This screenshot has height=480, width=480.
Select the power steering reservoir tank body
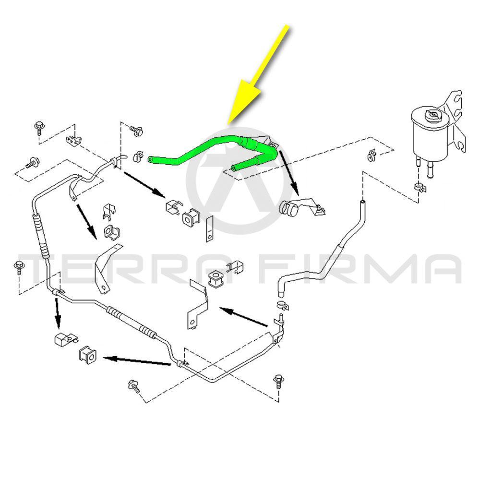(x=430, y=135)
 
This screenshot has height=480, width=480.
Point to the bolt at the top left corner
(x=39, y=128)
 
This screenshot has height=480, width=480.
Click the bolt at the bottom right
(x=278, y=382)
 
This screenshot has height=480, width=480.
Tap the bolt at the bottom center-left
(x=134, y=386)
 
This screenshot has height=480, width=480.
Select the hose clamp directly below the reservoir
(x=420, y=186)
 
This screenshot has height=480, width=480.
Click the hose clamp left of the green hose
(x=138, y=156)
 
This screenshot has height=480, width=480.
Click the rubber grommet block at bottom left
(x=87, y=355)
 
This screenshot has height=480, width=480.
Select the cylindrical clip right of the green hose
(x=289, y=208)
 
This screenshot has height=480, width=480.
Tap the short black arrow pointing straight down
(x=57, y=313)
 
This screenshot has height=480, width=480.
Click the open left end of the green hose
(x=151, y=159)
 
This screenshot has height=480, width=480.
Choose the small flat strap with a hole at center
(x=209, y=228)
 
